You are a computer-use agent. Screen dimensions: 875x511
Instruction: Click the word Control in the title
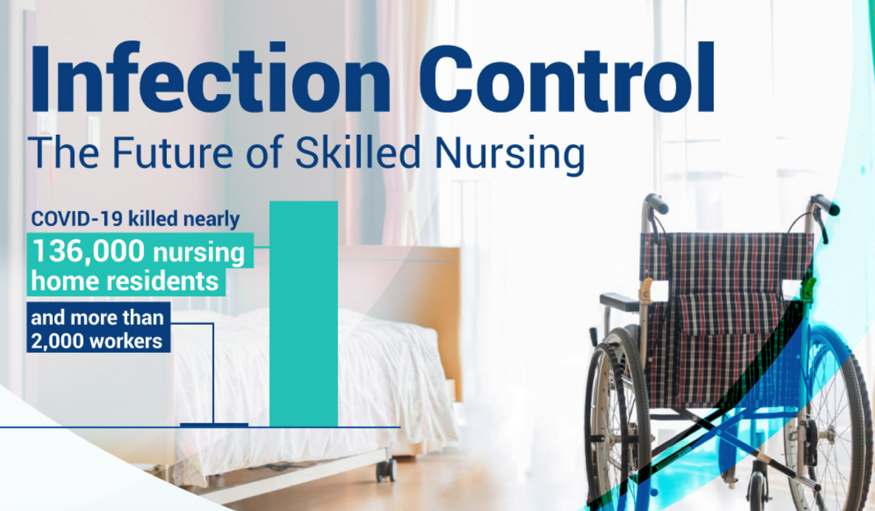(x=567, y=77)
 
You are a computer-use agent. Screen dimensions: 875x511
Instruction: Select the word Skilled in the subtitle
(x=358, y=152)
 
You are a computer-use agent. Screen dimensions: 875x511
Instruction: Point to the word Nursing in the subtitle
(x=510, y=155)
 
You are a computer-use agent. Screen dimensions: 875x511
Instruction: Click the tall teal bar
(x=303, y=314)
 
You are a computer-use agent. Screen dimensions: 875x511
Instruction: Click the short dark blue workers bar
(x=214, y=425)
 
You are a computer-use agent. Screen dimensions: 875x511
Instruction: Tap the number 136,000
(x=89, y=251)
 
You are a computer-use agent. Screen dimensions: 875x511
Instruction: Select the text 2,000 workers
(x=96, y=341)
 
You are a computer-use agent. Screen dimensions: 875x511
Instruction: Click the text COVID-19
(x=77, y=219)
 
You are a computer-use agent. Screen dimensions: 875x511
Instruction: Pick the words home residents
(x=125, y=281)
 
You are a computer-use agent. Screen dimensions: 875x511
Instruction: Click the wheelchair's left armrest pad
(x=620, y=301)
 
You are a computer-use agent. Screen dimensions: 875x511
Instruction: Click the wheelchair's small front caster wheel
(x=759, y=491)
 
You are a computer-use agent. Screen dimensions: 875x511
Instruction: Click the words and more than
(x=98, y=318)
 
